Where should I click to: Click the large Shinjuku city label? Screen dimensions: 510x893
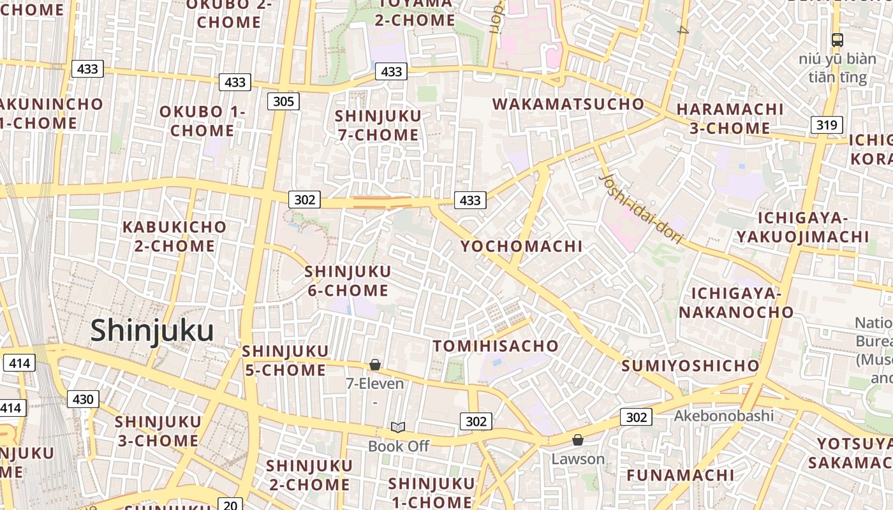click(152, 331)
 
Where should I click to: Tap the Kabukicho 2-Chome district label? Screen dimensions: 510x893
click(174, 236)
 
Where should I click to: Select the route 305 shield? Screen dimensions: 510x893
click(283, 101)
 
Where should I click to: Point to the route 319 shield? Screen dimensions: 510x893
click(827, 124)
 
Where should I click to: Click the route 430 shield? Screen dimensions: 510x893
click(83, 399)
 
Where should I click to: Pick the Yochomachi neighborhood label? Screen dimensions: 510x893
click(521, 246)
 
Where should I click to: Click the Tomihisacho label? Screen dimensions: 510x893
click(496, 346)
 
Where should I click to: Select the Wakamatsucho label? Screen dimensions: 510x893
click(568, 104)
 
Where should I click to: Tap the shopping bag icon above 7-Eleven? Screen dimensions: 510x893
click(375, 365)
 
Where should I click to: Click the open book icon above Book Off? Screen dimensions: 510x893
click(398, 427)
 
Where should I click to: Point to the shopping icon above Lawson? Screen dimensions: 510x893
click(578, 440)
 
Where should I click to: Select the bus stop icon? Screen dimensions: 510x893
click(838, 40)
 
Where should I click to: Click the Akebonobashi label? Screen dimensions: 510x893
click(724, 416)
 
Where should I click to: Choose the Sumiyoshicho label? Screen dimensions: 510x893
click(690, 366)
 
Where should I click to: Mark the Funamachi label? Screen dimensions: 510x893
click(680, 475)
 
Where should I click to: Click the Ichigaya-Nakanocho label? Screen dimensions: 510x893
click(736, 303)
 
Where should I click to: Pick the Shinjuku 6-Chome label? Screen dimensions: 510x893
click(348, 281)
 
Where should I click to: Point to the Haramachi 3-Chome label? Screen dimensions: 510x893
click(730, 119)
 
